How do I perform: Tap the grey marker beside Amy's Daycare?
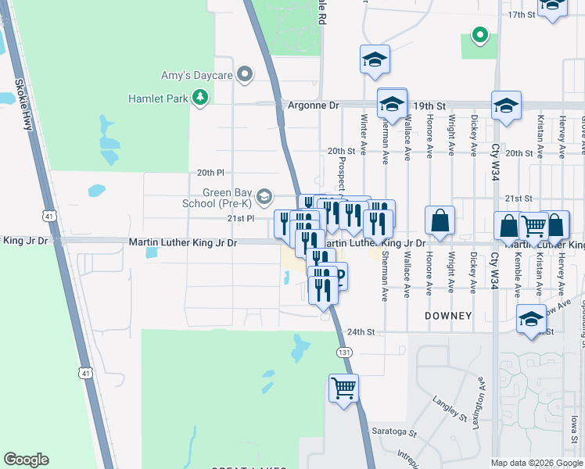tap(245, 74)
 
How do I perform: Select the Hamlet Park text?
tap(160, 98)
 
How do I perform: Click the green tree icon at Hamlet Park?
tap(202, 98)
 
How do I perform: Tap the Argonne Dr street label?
tap(313, 105)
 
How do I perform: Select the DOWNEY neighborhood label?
tap(448, 316)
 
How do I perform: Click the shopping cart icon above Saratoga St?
tap(343, 388)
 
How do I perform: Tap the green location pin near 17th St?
tap(479, 35)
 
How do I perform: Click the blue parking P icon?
tap(339, 275)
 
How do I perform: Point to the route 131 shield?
tap(343, 353)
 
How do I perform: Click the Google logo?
tap(26, 460)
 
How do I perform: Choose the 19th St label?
tap(429, 105)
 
